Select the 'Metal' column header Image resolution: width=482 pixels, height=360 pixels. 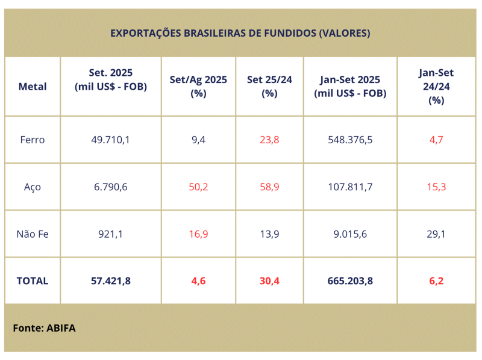click(x=33, y=87)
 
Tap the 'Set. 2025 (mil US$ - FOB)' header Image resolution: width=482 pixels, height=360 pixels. click(x=111, y=79)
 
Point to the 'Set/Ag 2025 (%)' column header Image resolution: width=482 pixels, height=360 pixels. click(x=198, y=87)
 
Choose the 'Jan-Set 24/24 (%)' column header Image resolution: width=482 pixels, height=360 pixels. click(x=436, y=87)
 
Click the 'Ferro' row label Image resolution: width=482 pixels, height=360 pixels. click(x=33, y=140)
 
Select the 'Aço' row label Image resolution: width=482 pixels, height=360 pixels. click(x=33, y=187)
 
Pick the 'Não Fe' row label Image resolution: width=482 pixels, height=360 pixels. click(x=33, y=234)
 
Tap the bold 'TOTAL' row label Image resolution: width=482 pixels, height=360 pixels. click(x=33, y=281)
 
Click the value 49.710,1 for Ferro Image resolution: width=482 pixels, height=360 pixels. click(x=111, y=140)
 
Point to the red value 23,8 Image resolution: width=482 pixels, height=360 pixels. click(x=269, y=140)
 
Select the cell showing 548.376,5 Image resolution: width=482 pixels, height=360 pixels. click(x=350, y=140)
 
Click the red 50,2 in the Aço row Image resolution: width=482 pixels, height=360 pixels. click(x=198, y=187)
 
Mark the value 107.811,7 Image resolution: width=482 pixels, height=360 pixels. click(x=350, y=187)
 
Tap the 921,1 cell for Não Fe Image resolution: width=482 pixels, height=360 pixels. click(x=111, y=234)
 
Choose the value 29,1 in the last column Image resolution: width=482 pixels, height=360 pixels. click(x=436, y=234)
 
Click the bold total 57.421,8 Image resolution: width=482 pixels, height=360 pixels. click(x=111, y=281)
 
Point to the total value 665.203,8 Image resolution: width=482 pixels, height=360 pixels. click(x=350, y=281)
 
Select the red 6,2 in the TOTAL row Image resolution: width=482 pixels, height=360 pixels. click(x=436, y=281)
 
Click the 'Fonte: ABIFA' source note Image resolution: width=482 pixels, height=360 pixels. click(x=44, y=328)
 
